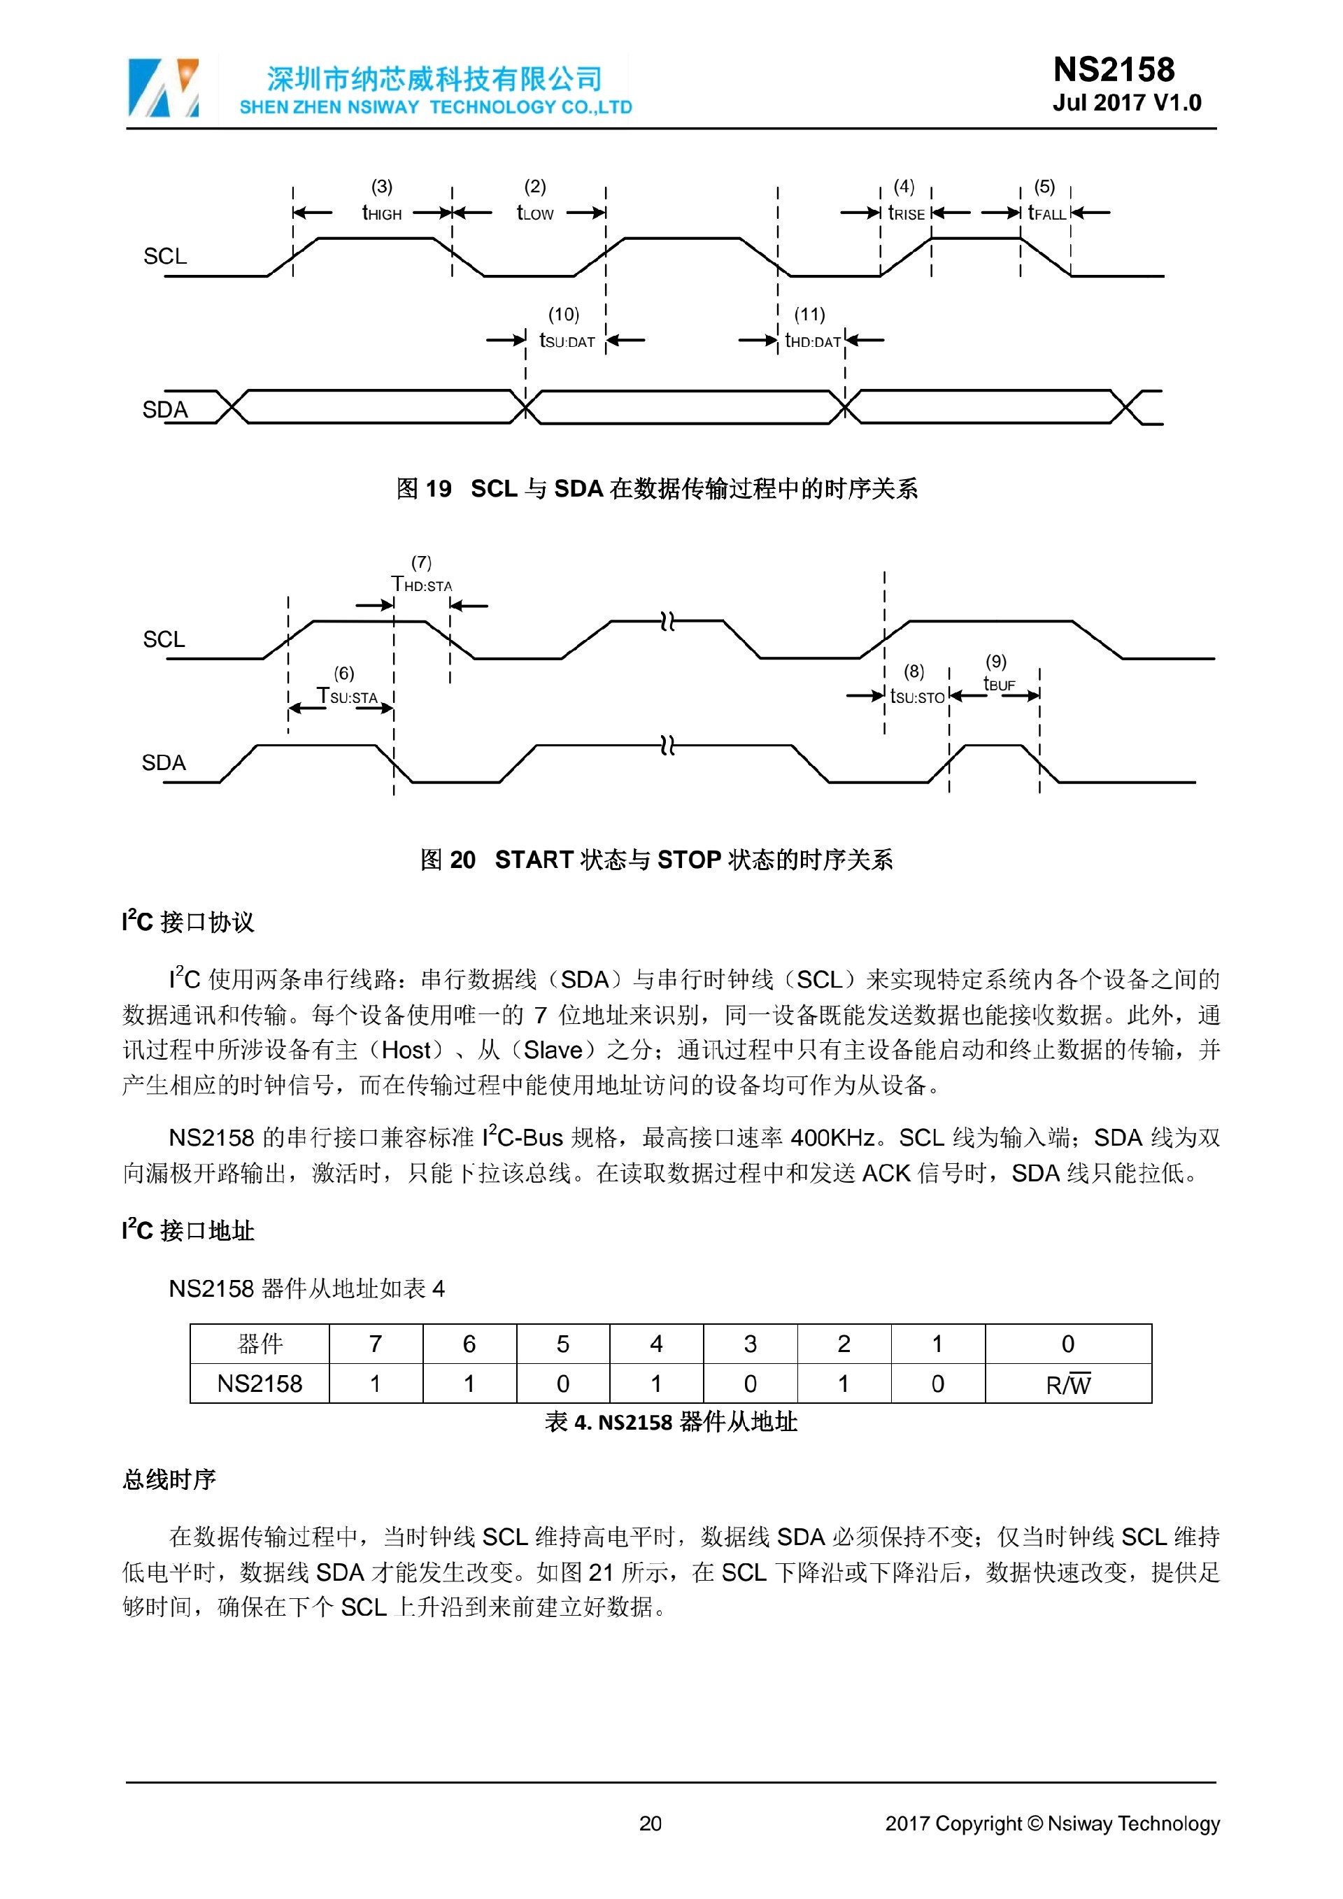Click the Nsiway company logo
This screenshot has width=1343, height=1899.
[163, 87]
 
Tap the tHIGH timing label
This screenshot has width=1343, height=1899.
[382, 213]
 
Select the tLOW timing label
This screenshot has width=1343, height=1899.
[535, 213]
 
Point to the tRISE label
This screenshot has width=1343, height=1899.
[907, 213]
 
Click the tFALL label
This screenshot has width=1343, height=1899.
[1047, 213]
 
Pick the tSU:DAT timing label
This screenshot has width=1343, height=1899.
[567, 341]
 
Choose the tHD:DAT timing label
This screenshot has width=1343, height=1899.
[812, 341]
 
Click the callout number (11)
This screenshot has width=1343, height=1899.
[809, 314]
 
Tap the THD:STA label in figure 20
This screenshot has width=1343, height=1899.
[422, 585]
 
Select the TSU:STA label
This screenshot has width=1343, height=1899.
[348, 697]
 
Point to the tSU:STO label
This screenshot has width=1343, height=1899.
[917, 697]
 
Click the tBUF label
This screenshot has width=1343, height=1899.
[999, 684]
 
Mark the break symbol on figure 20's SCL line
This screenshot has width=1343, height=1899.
[668, 621]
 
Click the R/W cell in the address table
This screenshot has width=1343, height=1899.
[1067, 1384]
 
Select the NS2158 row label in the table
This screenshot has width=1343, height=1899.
[260, 1384]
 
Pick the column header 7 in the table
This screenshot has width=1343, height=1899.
[376, 1344]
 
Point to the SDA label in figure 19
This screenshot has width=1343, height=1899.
[165, 409]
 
